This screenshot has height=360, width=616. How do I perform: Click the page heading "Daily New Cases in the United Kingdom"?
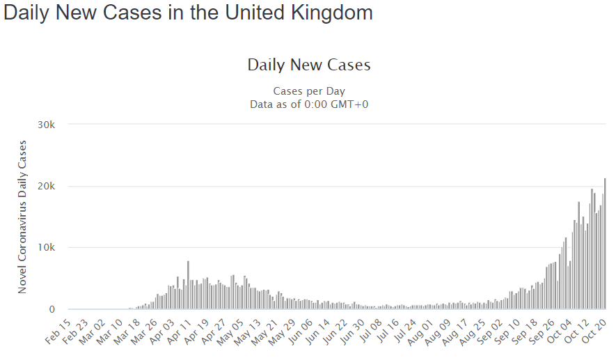click(x=188, y=13)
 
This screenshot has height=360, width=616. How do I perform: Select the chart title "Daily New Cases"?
click(x=308, y=65)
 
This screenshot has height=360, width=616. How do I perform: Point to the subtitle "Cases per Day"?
click(x=308, y=91)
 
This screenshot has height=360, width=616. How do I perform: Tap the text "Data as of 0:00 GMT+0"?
click(x=308, y=104)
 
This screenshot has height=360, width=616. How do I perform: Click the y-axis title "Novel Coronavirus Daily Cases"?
click(x=22, y=217)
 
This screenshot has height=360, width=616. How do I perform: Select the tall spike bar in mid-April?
click(x=188, y=285)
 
